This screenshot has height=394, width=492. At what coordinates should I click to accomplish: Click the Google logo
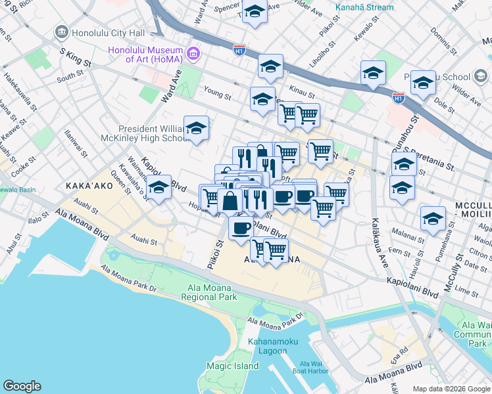pyautogui.click(x=22, y=386)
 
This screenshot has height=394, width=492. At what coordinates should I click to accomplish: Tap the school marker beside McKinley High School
pyautogui.click(x=196, y=129)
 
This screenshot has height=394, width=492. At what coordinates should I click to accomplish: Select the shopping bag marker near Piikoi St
pyautogui.click(x=230, y=200)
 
